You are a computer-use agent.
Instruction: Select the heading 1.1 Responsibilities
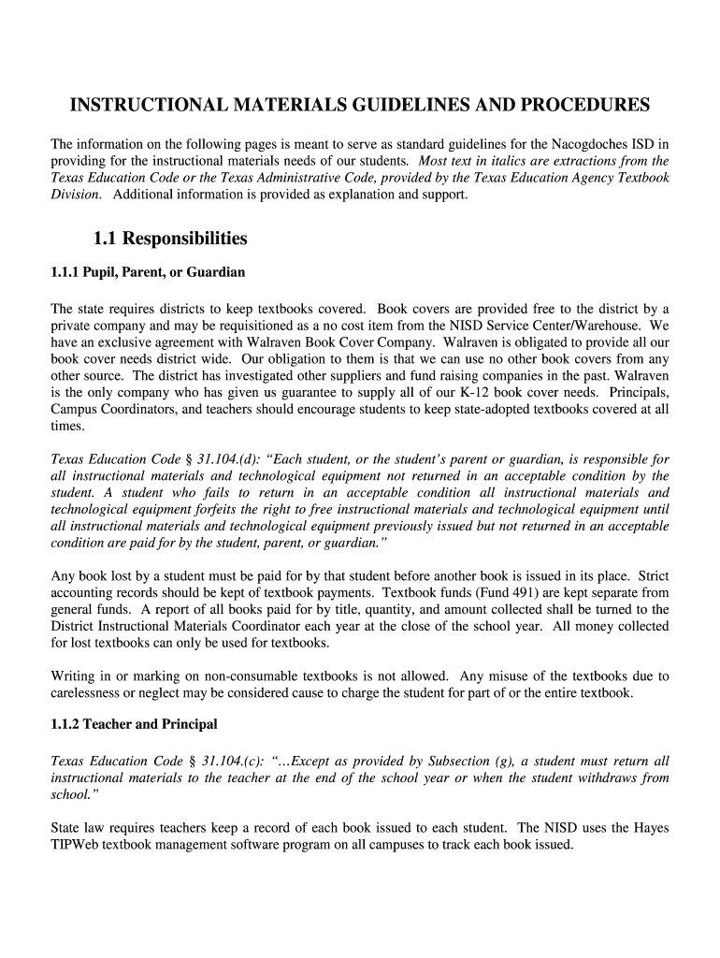tap(170, 239)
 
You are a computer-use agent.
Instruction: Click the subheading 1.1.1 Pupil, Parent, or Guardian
tap(147, 272)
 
